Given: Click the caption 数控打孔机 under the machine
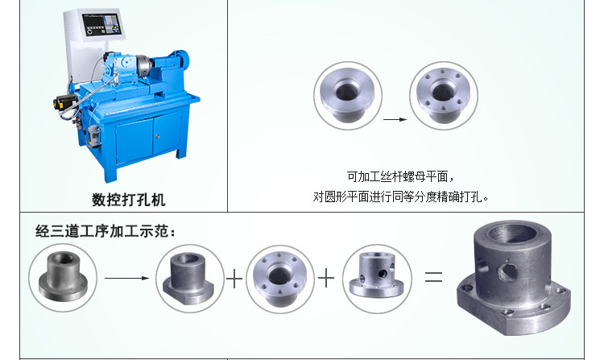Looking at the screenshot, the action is pos(128,200).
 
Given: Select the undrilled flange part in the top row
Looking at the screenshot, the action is pos(347,95).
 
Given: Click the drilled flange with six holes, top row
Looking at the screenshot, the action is pos(444,95).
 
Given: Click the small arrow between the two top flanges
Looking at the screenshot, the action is pos(395,119).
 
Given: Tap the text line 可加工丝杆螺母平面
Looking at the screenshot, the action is pos(400,176).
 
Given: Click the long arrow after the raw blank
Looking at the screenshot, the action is pos(126,278).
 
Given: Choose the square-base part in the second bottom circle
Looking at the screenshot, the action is pos(188,279).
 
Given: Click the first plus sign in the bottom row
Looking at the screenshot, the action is pos(234,279).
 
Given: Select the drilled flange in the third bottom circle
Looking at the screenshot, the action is pos(279,279).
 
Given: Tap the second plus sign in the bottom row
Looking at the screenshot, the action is pos(326,278).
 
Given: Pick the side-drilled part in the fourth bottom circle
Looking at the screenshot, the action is pos(376,275).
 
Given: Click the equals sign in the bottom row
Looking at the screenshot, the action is pos(433,276).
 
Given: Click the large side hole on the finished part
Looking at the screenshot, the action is pos(507,271).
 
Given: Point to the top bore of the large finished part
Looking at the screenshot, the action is pos(512,233).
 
